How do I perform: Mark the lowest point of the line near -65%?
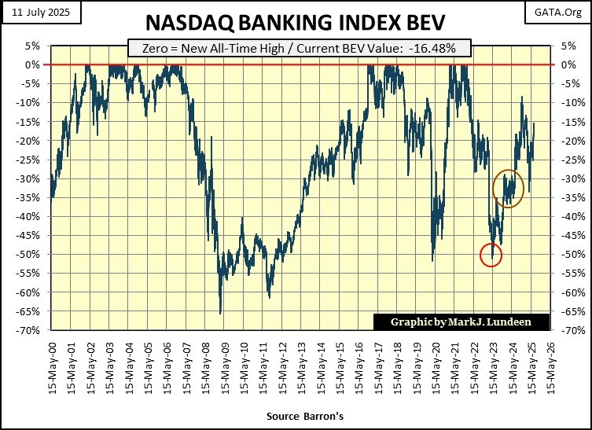[220, 312]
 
